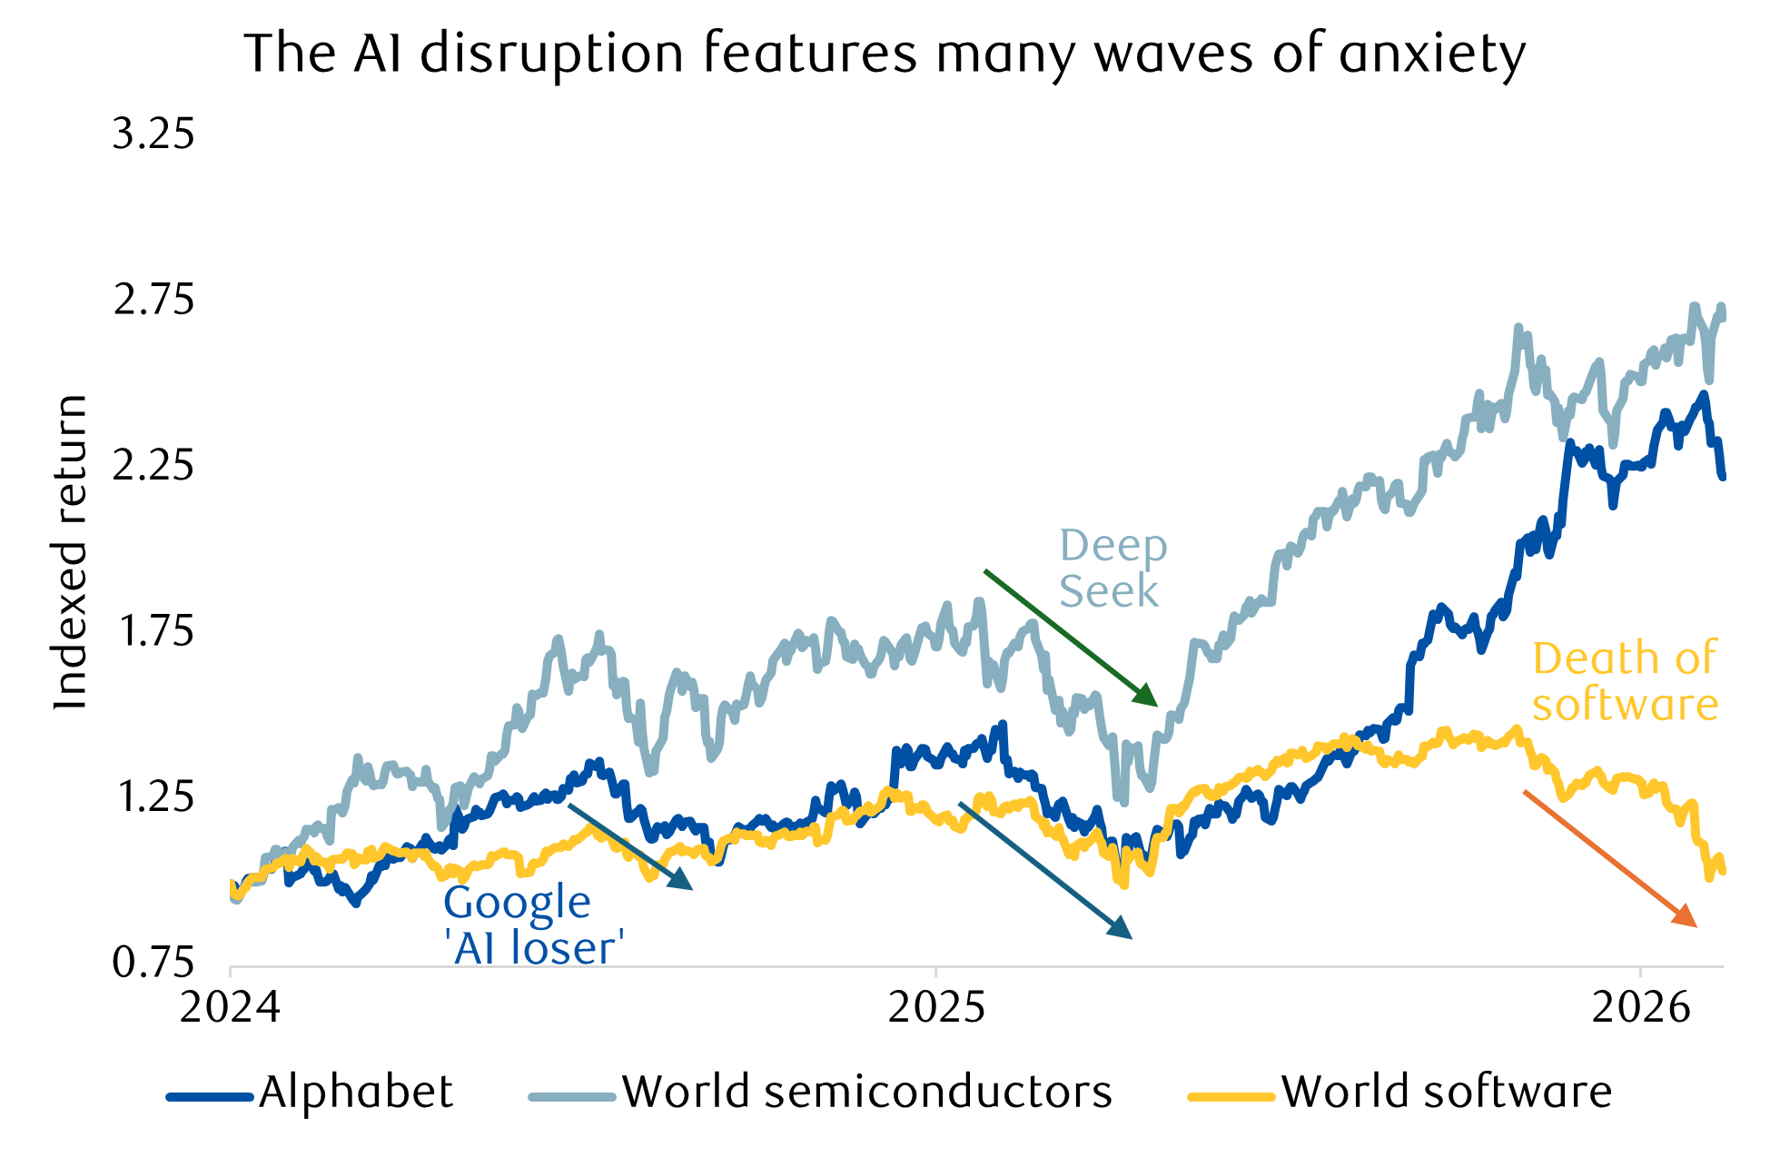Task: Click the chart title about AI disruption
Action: pos(885,54)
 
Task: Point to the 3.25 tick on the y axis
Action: pos(153,134)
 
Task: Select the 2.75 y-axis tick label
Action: pos(153,301)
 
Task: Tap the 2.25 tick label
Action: pos(153,466)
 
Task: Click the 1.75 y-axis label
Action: pos(153,632)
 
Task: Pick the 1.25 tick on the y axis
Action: pos(153,797)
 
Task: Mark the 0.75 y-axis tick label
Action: pos(153,963)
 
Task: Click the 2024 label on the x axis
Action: pos(230,1009)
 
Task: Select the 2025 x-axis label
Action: pos(935,1009)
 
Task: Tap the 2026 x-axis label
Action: pos(1641,1009)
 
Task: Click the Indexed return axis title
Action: pos(71,552)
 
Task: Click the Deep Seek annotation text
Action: pos(1112,569)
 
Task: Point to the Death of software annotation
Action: pos(1625,681)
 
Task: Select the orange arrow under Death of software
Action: pos(1609,858)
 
